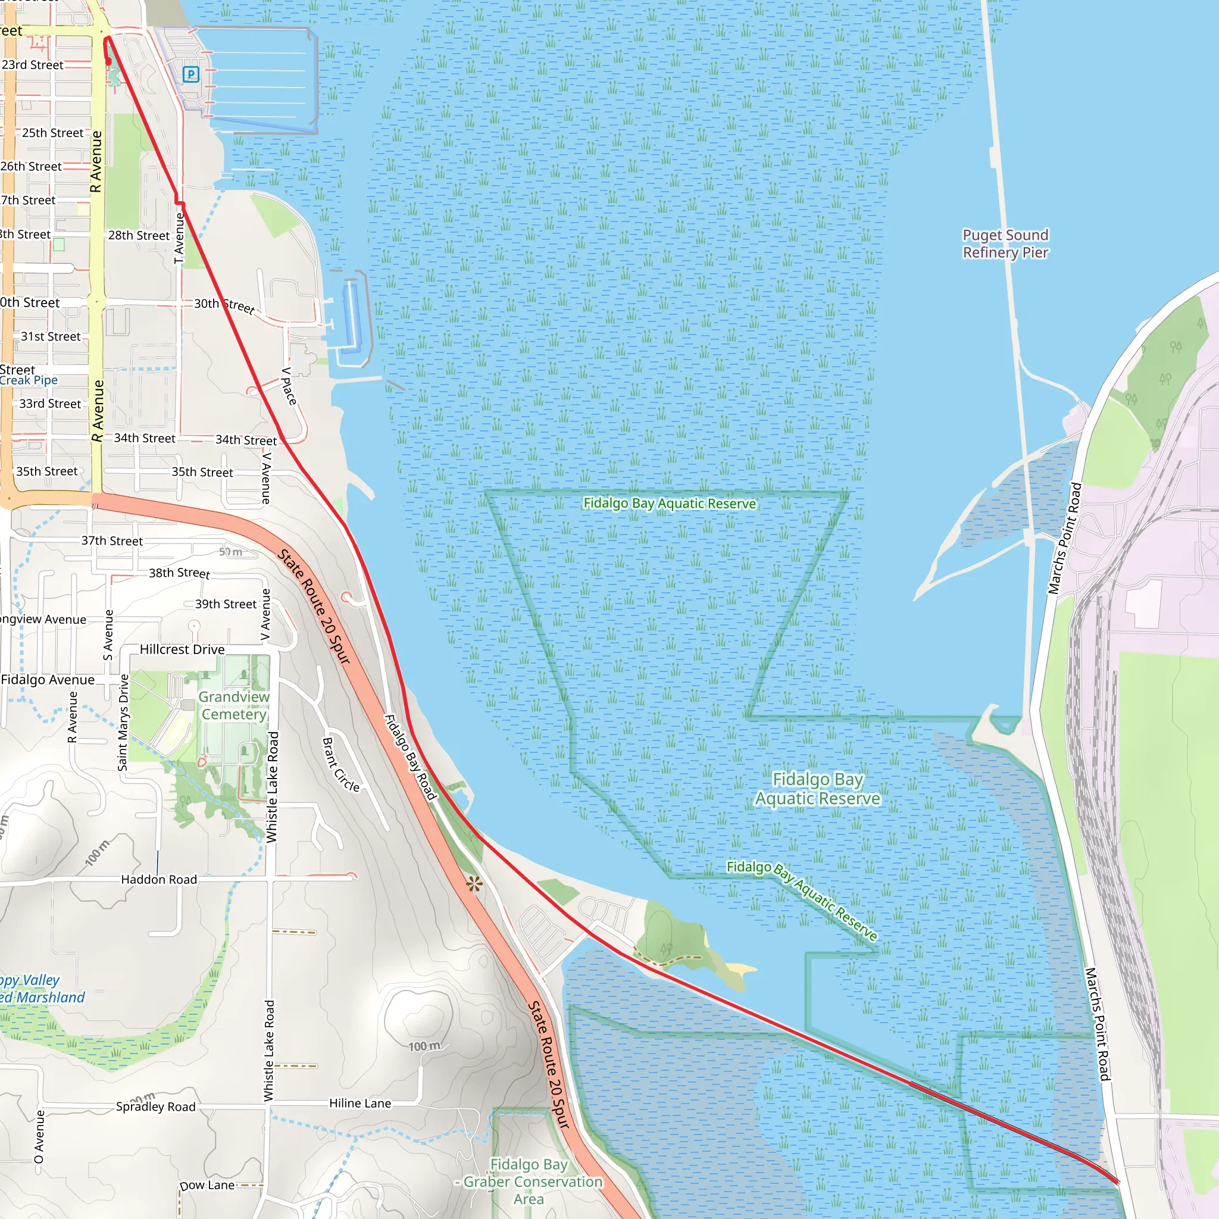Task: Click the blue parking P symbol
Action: coord(190,74)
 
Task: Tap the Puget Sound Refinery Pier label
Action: coord(1005,243)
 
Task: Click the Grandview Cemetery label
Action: coord(234,705)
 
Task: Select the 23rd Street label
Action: coord(33,65)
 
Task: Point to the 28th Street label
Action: coord(139,235)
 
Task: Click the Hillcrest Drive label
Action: coord(182,649)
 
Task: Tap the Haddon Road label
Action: coord(159,880)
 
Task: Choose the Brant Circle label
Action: coord(340,765)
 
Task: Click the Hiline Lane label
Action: coord(360,1103)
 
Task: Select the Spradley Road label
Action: coord(156,1107)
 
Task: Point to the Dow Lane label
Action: coord(207,1185)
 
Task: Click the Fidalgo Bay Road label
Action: coord(411,757)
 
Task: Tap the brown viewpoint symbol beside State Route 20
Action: coord(474,884)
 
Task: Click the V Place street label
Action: coord(289,386)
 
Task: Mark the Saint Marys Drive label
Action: coord(124,723)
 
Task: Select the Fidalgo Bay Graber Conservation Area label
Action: coord(530,1181)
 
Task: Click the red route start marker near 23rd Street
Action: coord(108,61)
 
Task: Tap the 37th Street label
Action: coord(112,540)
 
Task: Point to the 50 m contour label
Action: coord(230,551)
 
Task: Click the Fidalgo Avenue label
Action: coord(48,680)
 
